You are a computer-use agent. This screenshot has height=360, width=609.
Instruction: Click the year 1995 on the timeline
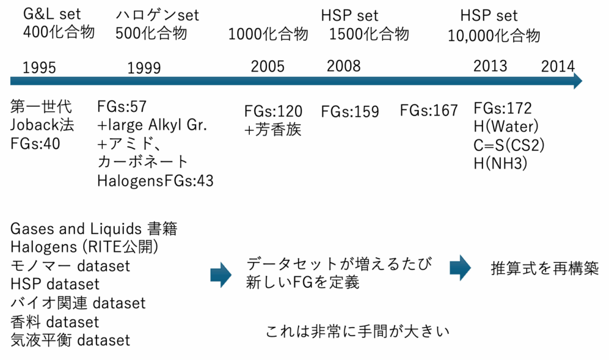(x=39, y=68)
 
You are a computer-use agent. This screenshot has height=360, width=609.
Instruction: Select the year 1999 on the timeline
(x=144, y=68)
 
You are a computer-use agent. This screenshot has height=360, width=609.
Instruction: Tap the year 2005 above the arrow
(x=268, y=67)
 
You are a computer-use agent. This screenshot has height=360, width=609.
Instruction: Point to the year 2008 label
(x=344, y=66)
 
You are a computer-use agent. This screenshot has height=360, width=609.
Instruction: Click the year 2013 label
(x=490, y=66)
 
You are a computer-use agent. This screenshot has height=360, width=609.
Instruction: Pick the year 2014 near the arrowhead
(x=558, y=67)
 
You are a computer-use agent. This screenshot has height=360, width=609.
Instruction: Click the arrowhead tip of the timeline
(x=582, y=81)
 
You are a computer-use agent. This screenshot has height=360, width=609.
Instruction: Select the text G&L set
(x=52, y=14)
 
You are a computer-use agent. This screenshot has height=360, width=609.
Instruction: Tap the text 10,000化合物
(x=494, y=36)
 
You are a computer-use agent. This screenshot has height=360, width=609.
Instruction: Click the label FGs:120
(x=274, y=112)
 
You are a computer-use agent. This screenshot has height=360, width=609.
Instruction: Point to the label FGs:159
(x=350, y=112)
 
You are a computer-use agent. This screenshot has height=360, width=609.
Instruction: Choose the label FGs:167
(x=429, y=111)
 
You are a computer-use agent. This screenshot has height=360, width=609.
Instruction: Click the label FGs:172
(x=503, y=108)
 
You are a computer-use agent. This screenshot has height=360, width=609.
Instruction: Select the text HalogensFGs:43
(x=155, y=181)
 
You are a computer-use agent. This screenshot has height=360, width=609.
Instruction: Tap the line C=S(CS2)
(x=509, y=145)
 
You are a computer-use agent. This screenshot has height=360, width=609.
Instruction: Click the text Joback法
(x=42, y=125)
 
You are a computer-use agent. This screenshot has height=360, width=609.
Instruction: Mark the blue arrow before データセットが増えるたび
(x=221, y=275)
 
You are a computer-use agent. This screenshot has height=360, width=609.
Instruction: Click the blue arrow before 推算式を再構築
(x=460, y=268)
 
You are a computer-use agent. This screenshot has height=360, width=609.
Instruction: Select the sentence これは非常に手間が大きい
(x=357, y=331)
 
